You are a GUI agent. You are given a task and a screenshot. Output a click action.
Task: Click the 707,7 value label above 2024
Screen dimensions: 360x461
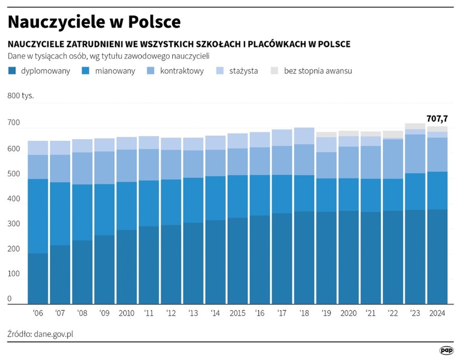pyautogui.click(x=437, y=118)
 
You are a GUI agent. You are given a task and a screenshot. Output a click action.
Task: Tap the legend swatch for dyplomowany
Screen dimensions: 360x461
pyautogui.click(x=13, y=71)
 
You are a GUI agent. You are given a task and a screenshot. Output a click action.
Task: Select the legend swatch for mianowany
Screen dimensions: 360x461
pyautogui.click(x=86, y=71)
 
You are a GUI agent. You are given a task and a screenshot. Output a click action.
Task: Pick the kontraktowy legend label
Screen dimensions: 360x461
pyautogui.click(x=182, y=71)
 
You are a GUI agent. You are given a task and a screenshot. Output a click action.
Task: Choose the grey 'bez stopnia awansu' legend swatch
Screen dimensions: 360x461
pyautogui.click(x=275, y=71)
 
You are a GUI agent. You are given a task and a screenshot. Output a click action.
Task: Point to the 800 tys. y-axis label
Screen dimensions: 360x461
pyautogui.click(x=21, y=95)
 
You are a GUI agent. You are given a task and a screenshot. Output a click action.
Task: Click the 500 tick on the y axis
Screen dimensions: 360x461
pyautogui.click(x=14, y=174)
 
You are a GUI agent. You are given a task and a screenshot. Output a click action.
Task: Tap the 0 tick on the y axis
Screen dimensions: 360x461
pyautogui.click(x=10, y=299)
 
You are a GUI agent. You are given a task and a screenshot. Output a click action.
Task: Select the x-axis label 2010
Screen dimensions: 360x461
pyautogui.click(x=126, y=313)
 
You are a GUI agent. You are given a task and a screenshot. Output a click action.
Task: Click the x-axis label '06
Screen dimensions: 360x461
pyautogui.click(x=38, y=313)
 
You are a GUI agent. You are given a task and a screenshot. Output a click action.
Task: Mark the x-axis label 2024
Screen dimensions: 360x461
pyautogui.click(x=437, y=313)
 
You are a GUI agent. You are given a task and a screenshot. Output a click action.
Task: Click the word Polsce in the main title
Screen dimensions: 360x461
pyautogui.click(x=154, y=22)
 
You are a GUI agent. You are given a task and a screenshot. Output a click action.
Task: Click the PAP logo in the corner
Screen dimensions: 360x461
pyautogui.click(x=446, y=349)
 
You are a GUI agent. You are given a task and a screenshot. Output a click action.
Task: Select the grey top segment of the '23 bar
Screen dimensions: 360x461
pyautogui.click(x=415, y=126)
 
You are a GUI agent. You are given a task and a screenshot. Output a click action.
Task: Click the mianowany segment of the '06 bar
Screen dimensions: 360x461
pyautogui.click(x=38, y=216)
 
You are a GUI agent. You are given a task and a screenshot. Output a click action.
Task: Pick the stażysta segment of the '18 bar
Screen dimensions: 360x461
pyautogui.click(x=304, y=136)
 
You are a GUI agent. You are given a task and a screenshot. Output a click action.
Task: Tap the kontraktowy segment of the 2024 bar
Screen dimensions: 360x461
pyautogui.click(x=437, y=154)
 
